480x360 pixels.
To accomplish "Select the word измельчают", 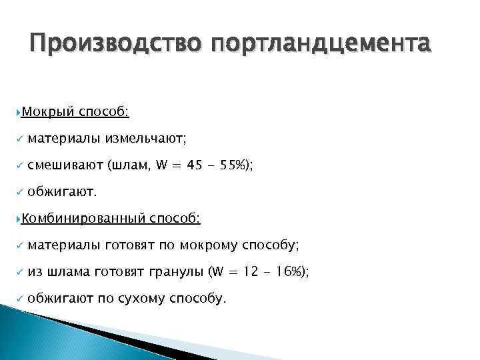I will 144,139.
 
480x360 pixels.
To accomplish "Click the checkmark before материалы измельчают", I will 21,139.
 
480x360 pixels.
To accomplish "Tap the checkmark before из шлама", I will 21,272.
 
